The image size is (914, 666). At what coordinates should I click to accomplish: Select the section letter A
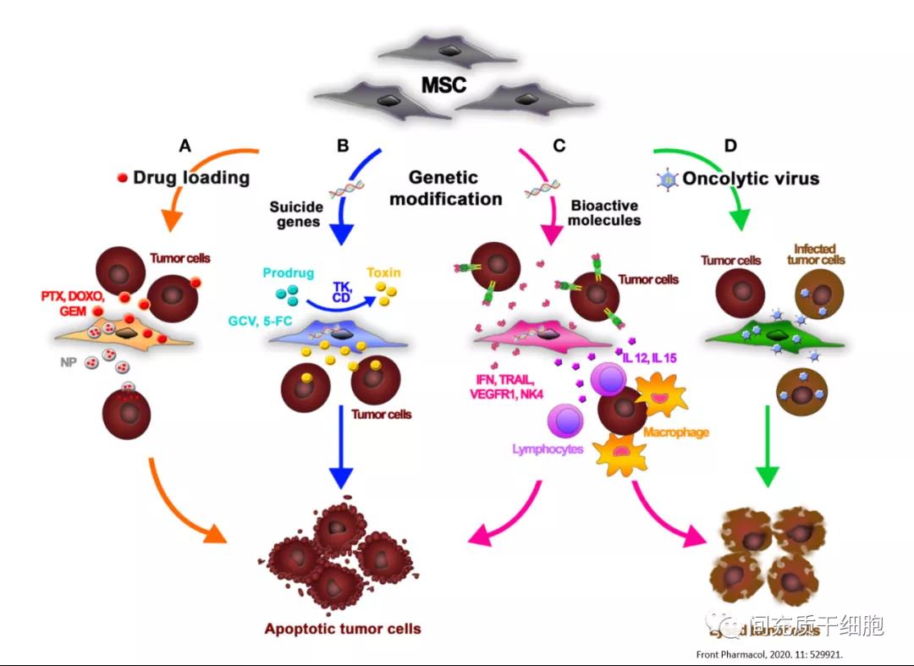(x=184, y=146)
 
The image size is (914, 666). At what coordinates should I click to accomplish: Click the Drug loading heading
(x=191, y=178)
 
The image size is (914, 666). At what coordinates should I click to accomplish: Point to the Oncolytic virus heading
(x=751, y=179)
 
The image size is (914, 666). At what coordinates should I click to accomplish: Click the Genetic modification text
(x=455, y=189)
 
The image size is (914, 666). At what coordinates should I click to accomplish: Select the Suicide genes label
(x=295, y=214)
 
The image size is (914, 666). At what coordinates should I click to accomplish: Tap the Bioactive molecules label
(x=604, y=213)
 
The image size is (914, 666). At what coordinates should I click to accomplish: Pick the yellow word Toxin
(x=383, y=273)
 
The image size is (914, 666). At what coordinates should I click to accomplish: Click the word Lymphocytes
(x=548, y=449)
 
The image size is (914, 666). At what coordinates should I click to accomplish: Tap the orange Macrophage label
(x=675, y=432)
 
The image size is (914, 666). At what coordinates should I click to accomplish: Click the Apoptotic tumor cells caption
(x=342, y=629)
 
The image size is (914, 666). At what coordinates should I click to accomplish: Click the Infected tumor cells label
(x=817, y=255)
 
